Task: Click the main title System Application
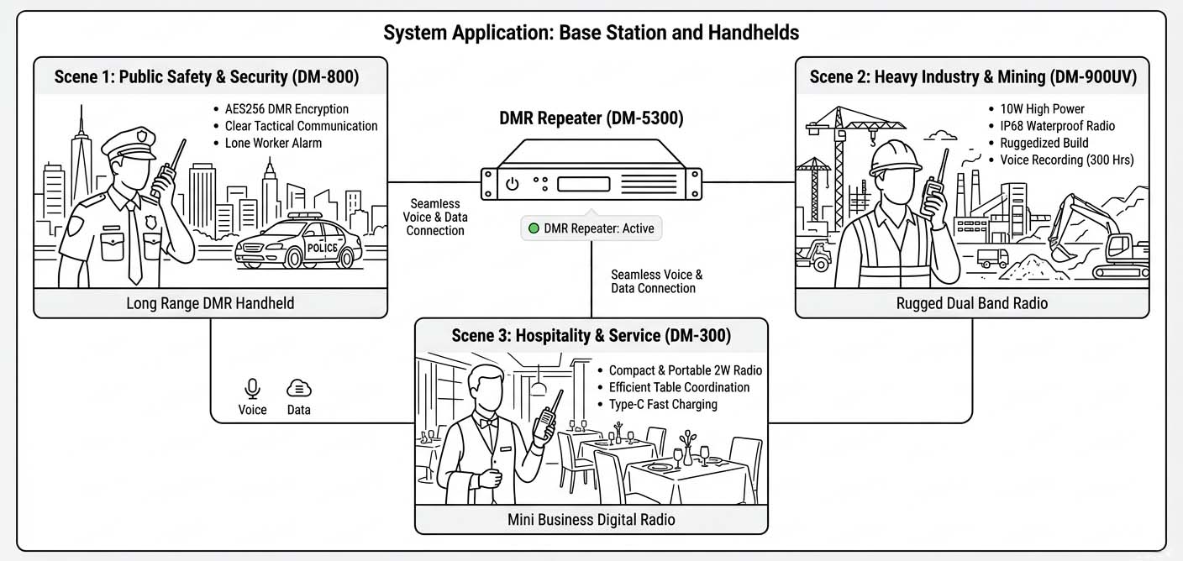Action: pyautogui.click(x=591, y=33)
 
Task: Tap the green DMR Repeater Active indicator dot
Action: pyautogui.click(x=533, y=228)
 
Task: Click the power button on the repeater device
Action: pyautogui.click(x=511, y=182)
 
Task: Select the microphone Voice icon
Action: pyautogui.click(x=252, y=389)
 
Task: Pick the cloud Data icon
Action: pyautogui.click(x=298, y=389)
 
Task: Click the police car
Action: pyautogui.click(x=297, y=244)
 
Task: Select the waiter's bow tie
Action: pyautogui.click(x=486, y=423)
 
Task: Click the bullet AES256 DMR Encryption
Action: pyautogui.click(x=286, y=108)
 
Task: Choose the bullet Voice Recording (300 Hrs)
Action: pyautogui.click(x=1066, y=160)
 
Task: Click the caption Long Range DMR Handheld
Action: pyautogui.click(x=210, y=302)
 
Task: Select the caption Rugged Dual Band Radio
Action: pyautogui.click(x=972, y=302)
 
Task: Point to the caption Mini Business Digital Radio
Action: pyautogui.click(x=591, y=519)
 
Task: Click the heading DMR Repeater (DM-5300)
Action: pyautogui.click(x=591, y=119)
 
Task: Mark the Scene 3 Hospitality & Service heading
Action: pyautogui.click(x=591, y=335)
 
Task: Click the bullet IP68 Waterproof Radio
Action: pyautogui.click(x=1057, y=126)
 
